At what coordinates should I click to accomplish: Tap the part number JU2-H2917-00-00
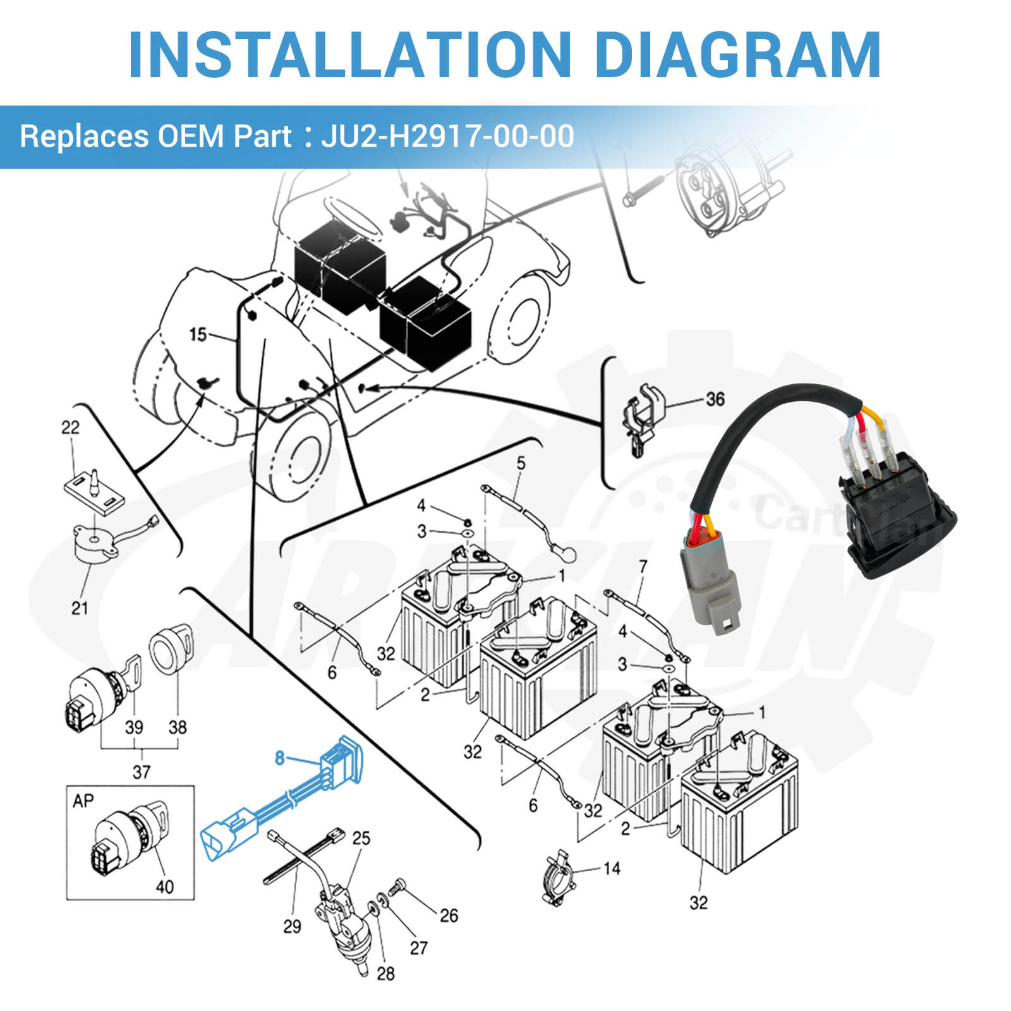447,136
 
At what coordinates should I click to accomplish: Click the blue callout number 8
279,758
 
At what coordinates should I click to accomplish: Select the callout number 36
715,399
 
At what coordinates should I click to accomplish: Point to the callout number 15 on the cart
198,334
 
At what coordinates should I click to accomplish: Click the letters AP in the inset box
83,801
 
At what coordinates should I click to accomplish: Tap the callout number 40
164,887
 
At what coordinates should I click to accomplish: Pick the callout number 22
70,427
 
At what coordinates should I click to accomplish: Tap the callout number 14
611,868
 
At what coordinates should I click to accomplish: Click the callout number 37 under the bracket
142,772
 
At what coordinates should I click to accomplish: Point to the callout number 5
521,463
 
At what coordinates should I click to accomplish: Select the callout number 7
643,567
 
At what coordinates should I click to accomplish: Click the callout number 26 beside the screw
449,916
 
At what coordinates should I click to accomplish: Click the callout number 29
292,927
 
